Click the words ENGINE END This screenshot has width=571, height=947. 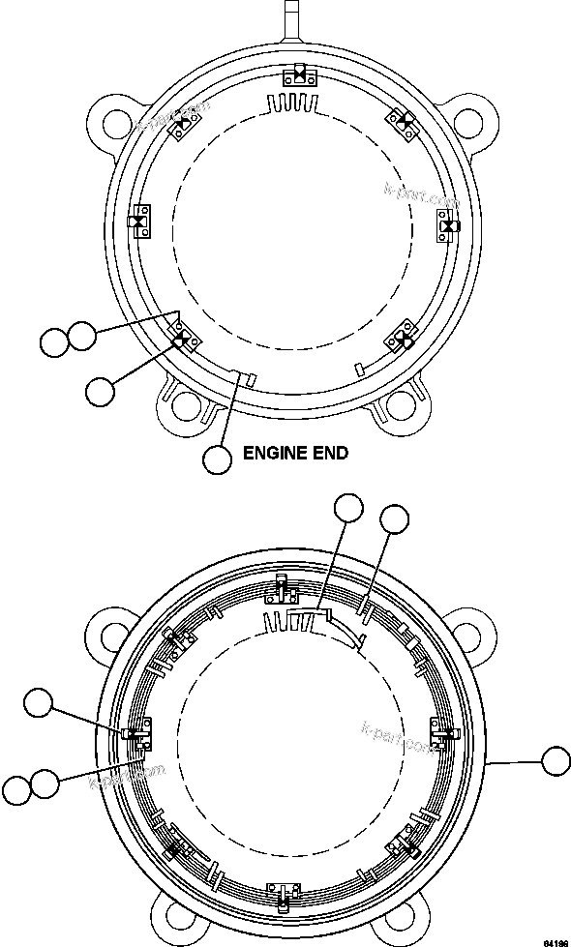pos(294,451)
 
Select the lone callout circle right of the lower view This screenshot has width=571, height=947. pos(556,760)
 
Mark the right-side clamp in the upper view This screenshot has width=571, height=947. pos(447,223)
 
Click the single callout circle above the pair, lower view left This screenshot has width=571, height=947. pos(40,703)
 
